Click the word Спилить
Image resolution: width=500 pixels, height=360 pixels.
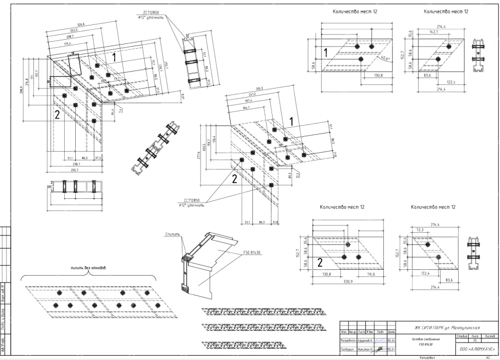pos(173,233)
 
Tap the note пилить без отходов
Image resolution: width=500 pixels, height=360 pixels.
pos(89,268)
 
